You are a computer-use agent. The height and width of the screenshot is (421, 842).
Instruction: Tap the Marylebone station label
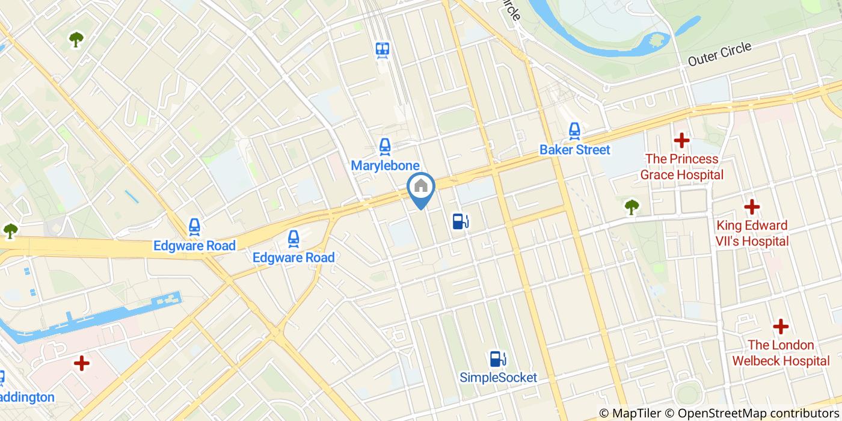pyautogui.click(x=385, y=165)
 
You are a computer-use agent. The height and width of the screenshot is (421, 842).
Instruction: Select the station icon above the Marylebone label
pyautogui.click(x=385, y=146)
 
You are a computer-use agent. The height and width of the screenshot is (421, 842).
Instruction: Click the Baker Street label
pyautogui.click(x=574, y=150)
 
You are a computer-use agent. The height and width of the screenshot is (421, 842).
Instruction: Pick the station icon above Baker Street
pyautogui.click(x=575, y=130)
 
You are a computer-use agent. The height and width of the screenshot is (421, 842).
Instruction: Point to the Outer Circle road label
pyautogui.click(x=719, y=54)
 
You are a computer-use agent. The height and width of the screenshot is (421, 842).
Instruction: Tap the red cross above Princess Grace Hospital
pyautogui.click(x=681, y=141)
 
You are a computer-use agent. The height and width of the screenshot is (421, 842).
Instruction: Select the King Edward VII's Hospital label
pyautogui.click(x=752, y=233)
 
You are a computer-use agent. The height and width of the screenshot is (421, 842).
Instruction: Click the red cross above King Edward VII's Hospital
pyautogui.click(x=752, y=207)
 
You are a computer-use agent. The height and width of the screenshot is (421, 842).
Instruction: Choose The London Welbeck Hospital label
pyautogui.click(x=781, y=353)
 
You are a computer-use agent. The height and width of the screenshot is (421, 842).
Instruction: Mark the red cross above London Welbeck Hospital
pyautogui.click(x=781, y=327)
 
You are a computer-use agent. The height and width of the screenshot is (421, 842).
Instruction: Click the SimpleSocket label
pyautogui.click(x=498, y=378)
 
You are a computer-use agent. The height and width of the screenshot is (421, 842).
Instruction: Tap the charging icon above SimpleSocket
pyautogui.click(x=497, y=359)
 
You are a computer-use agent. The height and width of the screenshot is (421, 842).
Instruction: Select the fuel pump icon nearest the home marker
pyautogui.click(x=461, y=221)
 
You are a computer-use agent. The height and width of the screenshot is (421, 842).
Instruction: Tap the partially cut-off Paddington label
pyautogui.click(x=26, y=397)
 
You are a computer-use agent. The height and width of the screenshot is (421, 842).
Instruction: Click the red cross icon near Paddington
pyautogui.click(x=82, y=363)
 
